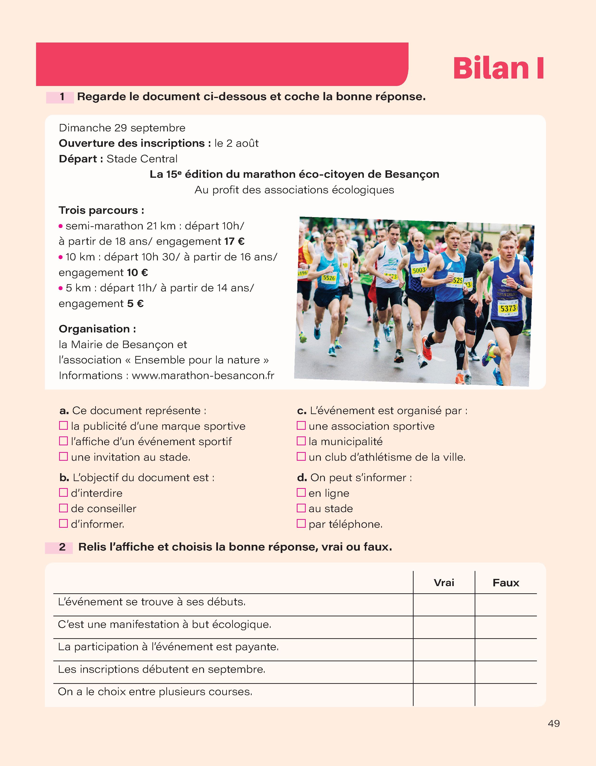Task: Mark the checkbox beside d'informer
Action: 63,523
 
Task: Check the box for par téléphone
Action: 301,523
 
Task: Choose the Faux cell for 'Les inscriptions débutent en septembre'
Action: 506,672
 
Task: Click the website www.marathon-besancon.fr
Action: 203,375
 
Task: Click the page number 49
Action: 553,723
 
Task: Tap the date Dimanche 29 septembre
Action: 122,128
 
